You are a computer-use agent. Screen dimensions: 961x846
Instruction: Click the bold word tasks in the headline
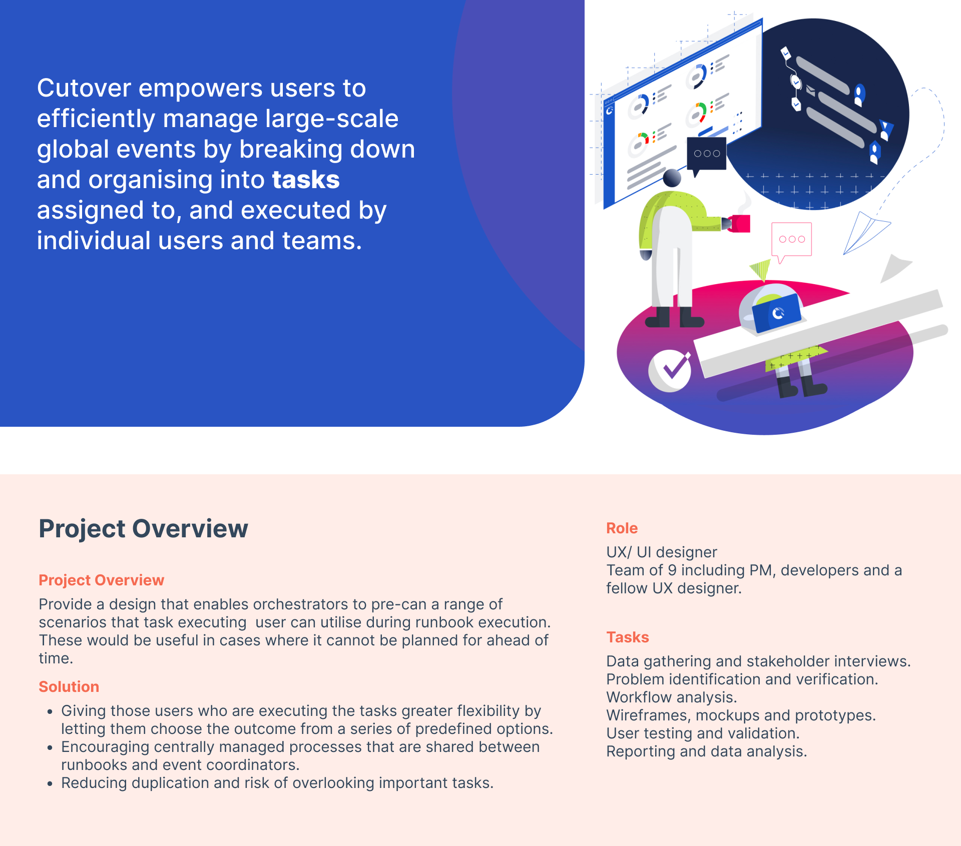[x=306, y=180]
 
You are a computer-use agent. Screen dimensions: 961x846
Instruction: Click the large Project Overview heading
[x=144, y=528]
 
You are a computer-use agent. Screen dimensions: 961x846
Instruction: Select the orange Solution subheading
[x=69, y=686]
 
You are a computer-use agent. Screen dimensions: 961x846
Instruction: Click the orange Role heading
[x=622, y=528]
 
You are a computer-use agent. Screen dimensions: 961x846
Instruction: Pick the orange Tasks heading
[x=628, y=637]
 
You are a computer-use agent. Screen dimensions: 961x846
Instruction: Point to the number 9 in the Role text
[x=672, y=570]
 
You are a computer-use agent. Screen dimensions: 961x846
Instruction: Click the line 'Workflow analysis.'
[x=672, y=697]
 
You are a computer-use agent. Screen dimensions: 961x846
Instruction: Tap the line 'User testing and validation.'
[x=703, y=733]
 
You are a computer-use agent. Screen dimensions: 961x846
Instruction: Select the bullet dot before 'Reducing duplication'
[x=50, y=783]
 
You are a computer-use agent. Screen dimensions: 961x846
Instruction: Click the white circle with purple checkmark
[x=670, y=371]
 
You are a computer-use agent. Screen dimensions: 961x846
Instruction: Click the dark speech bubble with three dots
[x=706, y=155]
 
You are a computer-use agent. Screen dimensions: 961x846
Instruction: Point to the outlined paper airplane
[x=866, y=232]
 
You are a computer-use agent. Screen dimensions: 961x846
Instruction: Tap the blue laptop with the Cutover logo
[x=776, y=313]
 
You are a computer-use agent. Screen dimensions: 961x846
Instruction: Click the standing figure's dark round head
[x=672, y=178]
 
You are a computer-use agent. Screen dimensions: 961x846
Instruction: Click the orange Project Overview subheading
[x=102, y=580]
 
